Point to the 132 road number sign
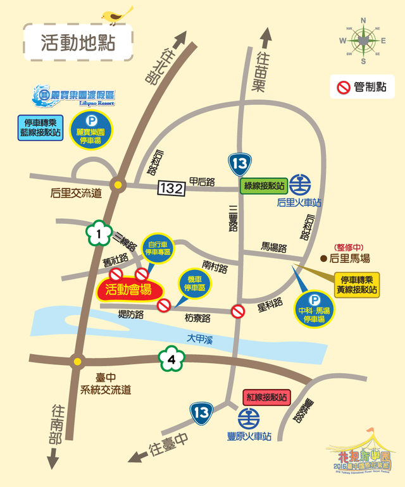pyautogui.click(x=172, y=187)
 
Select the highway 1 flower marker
pyautogui.click(x=97, y=234)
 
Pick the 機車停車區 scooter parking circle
pyautogui.click(x=194, y=283)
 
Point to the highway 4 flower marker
pyautogui.click(x=170, y=361)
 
